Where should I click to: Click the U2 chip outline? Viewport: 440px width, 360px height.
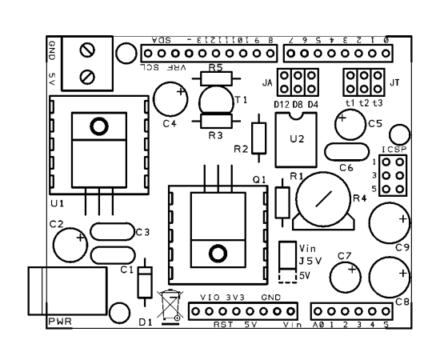coord(276,140)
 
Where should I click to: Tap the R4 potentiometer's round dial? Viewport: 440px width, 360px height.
coord(323,172)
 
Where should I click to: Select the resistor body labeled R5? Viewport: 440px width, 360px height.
coord(216,78)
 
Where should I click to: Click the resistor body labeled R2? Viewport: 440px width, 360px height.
coord(258,138)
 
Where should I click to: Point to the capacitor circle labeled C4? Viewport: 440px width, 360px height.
coord(154,99)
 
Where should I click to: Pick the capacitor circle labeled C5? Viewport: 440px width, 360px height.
coord(335,125)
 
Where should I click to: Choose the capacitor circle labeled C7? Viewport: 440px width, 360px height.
coord(330,278)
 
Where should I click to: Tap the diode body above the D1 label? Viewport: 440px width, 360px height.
coord(145,282)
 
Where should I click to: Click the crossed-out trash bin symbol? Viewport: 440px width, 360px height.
coord(170,306)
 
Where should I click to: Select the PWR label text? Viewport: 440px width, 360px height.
coord(60,322)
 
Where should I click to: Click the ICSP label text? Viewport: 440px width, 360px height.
coord(394,150)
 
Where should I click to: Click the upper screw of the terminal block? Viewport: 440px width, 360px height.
coord(87,50)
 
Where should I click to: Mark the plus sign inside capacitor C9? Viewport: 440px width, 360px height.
coord(403,219)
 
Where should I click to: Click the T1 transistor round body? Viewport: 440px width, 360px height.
coord(200,100)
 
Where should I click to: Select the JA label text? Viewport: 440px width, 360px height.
coord(267,82)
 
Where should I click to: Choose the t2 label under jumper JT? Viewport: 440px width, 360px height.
coord(364,103)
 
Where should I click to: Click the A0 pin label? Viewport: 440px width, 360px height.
coord(318,325)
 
